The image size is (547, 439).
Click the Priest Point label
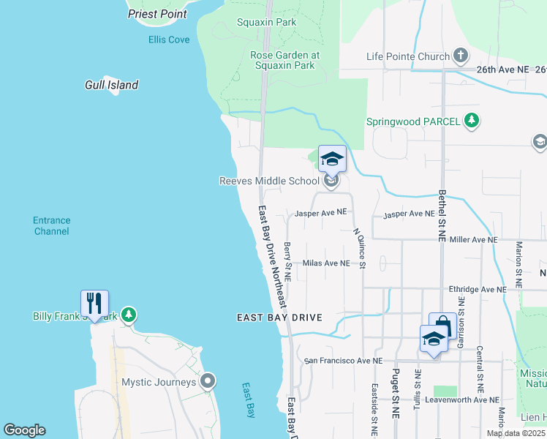point(157,14)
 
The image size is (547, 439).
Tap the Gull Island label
point(111,85)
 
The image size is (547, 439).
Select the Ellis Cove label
point(169,40)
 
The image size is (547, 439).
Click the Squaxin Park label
point(266,22)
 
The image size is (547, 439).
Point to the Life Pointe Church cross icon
point(461,56)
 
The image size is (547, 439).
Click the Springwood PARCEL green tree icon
point(472,121)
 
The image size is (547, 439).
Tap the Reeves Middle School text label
point(269,181)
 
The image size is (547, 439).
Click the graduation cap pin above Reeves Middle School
point(332,159)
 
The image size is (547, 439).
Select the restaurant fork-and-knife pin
point(95,302)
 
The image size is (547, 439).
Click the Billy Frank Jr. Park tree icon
point(129,315)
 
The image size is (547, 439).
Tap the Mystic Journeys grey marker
point(208,381)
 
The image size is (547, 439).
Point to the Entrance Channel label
point(51,225)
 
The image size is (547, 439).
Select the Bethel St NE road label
point(441,207)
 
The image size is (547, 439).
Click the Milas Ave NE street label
point(326,263)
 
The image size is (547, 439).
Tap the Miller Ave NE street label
point(473,239)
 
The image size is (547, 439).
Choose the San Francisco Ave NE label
point(343,361)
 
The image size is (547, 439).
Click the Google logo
point(24,430)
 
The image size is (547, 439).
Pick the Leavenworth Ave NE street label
point(464,399)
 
